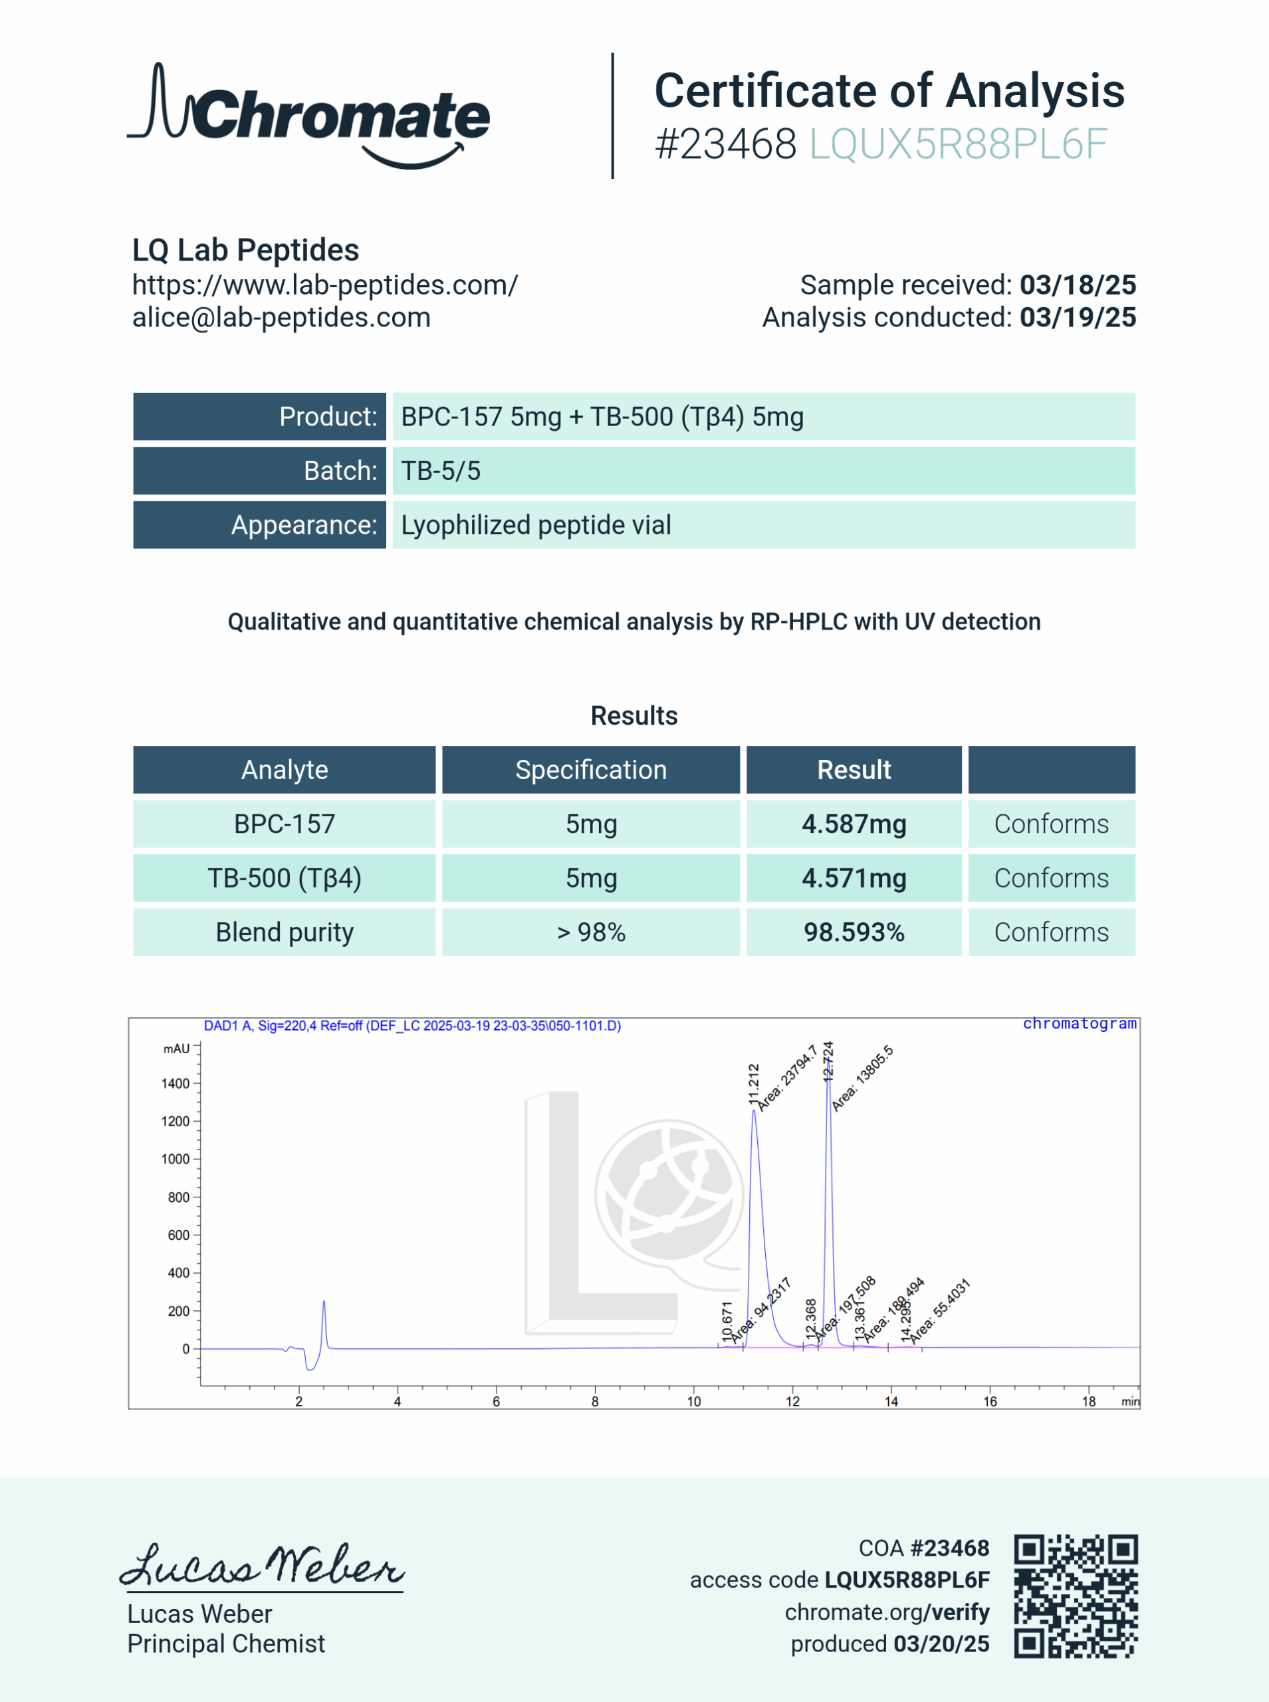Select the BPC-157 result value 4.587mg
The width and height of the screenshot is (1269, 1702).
(x=854, y=824)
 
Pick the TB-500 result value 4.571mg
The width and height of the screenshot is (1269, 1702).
(x=854, y=878)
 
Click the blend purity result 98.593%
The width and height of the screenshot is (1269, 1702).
(x=854, y=932)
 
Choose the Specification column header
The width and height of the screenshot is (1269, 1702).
(x=591, y=770)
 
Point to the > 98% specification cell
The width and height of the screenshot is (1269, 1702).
(x=591, y=932)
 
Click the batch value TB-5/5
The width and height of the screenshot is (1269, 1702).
(x=441, y=471)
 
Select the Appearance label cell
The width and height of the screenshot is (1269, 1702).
(x=260, y=525)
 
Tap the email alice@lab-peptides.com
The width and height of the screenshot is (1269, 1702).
(x=281, y=318)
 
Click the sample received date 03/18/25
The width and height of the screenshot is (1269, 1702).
(x=1078, y=285)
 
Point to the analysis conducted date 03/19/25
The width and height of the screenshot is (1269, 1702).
(x=1078, y=318)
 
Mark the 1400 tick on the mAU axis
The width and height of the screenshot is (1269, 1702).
(x=175, y=1084)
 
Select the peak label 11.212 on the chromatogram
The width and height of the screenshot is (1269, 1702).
(x=754, y=1084)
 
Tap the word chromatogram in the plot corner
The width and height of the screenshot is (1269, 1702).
(x=1080, y=1024)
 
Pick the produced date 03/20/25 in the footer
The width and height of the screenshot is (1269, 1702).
(x=941, y=1643)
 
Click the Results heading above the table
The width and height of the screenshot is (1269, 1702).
(x=634, y=716)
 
